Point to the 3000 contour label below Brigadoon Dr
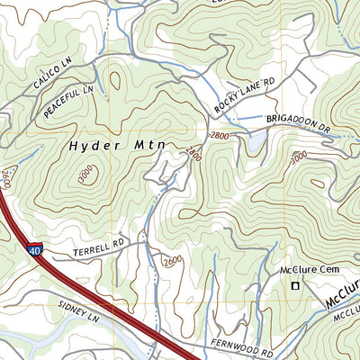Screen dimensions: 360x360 298,160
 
